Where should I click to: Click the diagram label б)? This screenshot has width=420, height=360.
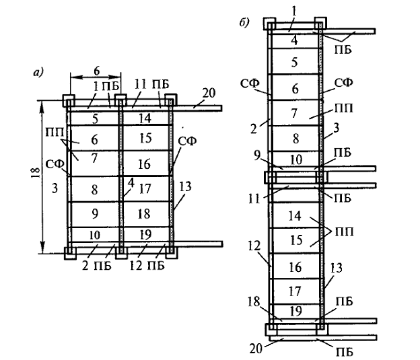click(244, 23)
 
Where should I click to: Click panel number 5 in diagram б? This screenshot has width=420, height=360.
click(294, 63)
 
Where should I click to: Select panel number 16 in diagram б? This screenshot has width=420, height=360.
click(294, 268)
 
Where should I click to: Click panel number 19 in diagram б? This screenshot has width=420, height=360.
click(295, 311)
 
